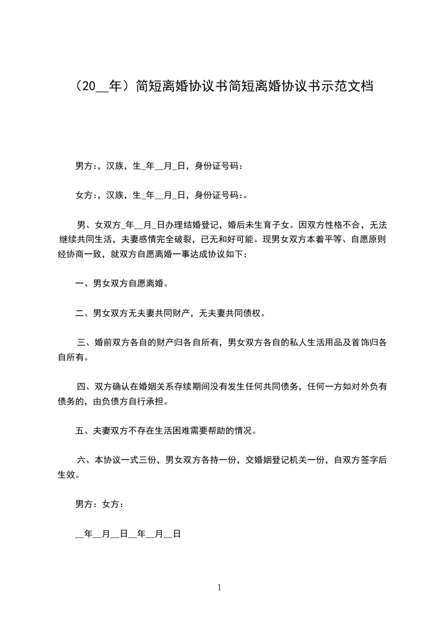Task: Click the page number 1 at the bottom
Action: (x=219, y=588)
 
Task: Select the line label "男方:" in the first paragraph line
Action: (x=85, y=165)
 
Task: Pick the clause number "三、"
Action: (x=85, y=343)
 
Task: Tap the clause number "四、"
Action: (x=85, y=386)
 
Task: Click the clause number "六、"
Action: (x=85, y=460)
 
